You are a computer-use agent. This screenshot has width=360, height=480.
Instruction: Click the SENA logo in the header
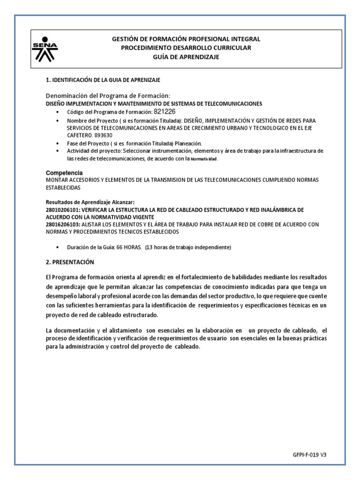click(45, 48)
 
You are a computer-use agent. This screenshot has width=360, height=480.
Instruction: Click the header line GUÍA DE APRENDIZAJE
click(186, 57)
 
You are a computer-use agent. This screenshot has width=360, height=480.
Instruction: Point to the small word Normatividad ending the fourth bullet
click(204, 159)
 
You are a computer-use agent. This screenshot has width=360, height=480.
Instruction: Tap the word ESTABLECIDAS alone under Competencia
click(63, 187)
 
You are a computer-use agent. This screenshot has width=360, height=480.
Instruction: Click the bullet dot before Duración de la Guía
click(57, 247)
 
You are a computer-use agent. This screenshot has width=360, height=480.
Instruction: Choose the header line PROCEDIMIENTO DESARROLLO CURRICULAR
click(186, 48)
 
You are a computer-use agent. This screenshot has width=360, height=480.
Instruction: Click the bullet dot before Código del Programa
click(57, 112)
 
